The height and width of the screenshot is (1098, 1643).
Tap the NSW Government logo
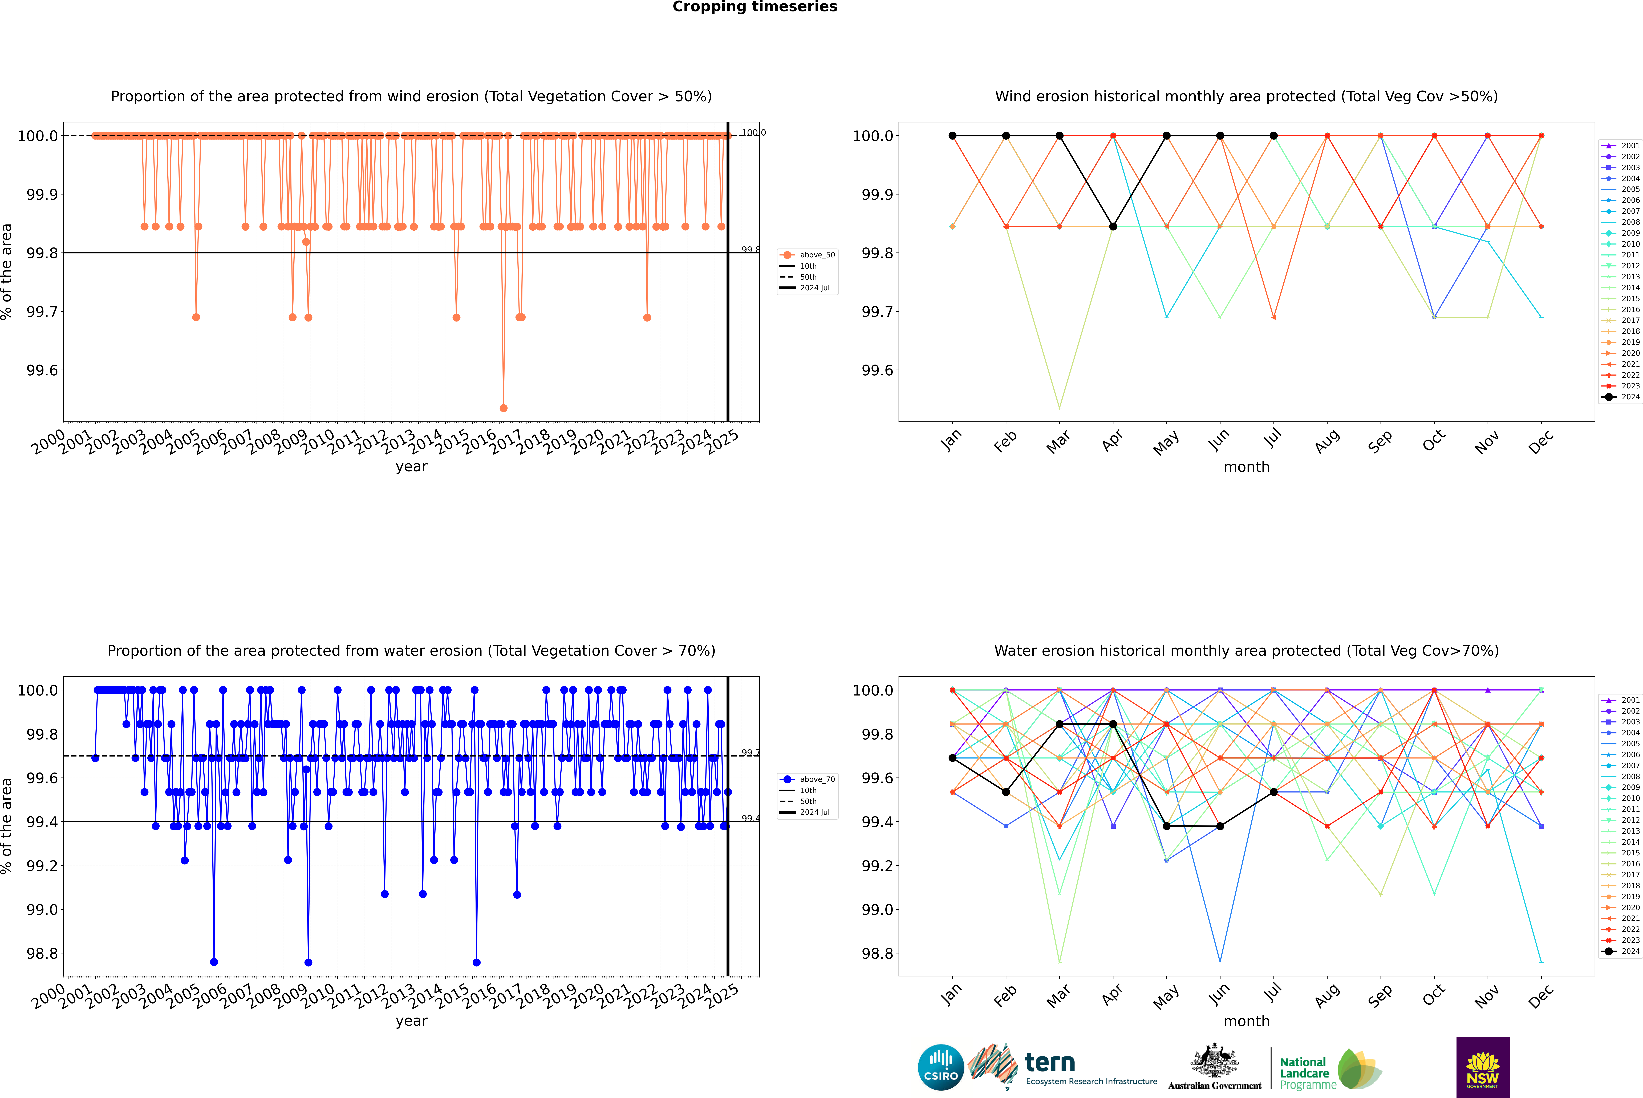coord(1483,1067)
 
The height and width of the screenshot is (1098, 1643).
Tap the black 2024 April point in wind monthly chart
coord(1113,226)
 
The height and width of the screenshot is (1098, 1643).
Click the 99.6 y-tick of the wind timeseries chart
coord(42,371)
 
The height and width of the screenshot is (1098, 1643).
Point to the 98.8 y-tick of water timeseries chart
coord(42,954)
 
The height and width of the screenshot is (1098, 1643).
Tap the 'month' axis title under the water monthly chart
coord(1246,1021)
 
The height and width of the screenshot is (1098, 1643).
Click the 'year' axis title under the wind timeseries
coord(411,466)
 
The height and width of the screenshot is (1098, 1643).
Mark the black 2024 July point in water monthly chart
coord(1273,792)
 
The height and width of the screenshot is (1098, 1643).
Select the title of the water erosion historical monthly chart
coord(1246,650)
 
